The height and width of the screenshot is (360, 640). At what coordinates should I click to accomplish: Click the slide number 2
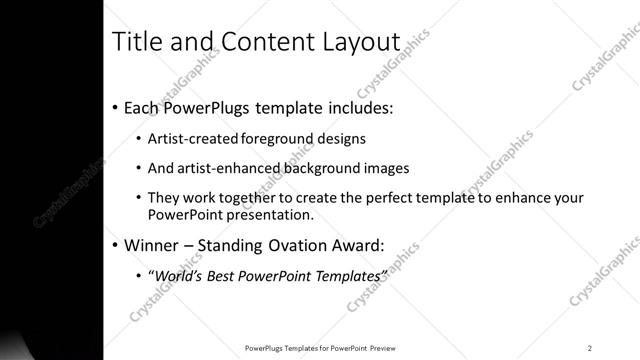click(590, 347)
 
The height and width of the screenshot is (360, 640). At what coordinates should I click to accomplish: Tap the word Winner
click(154, 243)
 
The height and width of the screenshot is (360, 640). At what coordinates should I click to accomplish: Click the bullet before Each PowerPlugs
click(115, 107)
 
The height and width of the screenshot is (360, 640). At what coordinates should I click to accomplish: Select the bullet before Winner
click(115, 243)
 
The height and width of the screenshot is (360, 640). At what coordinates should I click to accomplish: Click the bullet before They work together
click(137, 198)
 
